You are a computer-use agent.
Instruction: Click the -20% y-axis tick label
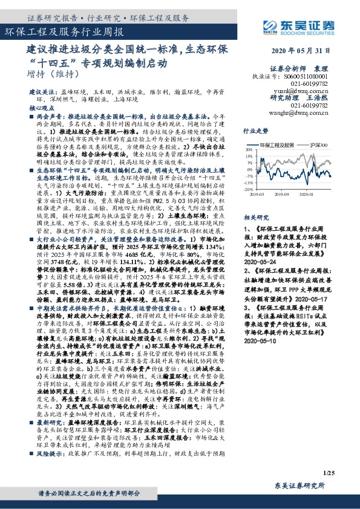(x=247, y=189)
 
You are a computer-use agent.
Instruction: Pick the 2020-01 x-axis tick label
(x=306, y=195)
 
